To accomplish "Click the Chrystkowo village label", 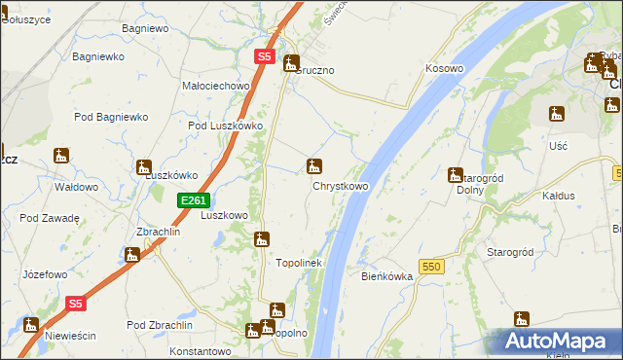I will pyautogui.click(x=340, y=186).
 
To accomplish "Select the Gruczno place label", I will pyautogui.click(x=316, y=71).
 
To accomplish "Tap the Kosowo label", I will pyautogui.click(x=444, y=69).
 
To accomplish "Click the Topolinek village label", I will pyautogui.click(x=299, y=263).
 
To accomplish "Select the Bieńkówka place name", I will pyautogui.click(x=386, y=276).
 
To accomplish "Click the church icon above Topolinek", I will pyautogui.click(x=262, y=238).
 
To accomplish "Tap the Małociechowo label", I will pyautogui.click(x=216, y=86).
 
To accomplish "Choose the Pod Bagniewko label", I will pyautogui.click(x=110, y=117).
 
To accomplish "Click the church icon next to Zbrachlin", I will pyautogui.click(x=132, y=255).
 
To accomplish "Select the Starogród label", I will pyautogui.click(x=509, y=252).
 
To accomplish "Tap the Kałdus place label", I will pyautogui.click(x=558, y=196).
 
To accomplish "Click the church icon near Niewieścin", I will pyautogui.click(x=31, y=325).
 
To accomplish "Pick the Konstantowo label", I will pyautogui.click(x=198, y=350).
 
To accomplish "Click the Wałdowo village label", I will pyautogui.click(x=75, y=187).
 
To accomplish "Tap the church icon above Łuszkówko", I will pyautogui.click(x=144, y=167).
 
